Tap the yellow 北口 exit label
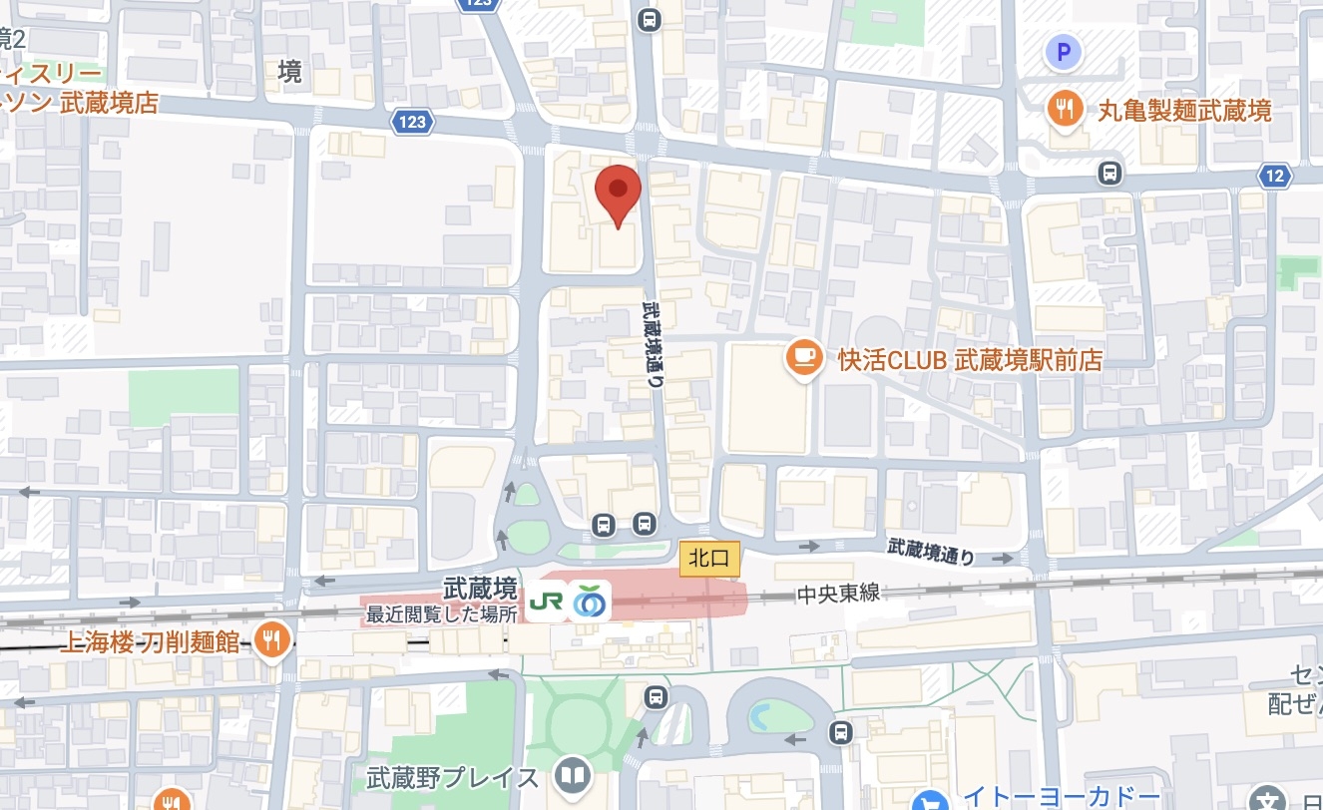(x=709, y=559)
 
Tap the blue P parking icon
(x=1064, y=51)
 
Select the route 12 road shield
(x=1274, y=177)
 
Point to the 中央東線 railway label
(x=838, y=594)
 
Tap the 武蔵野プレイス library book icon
(x=573, y=777)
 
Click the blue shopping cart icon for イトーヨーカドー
(x=933, y=798)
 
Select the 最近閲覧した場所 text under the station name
(x=441, y=615)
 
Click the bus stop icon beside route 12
(x=1109, y=174)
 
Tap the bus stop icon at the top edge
(x=650, y=19)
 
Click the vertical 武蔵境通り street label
(x=653, y=339)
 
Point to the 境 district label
(x=289, y=72)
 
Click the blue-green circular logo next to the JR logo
(x=590, y=602)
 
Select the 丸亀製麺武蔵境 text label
(x=1184, y=110)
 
